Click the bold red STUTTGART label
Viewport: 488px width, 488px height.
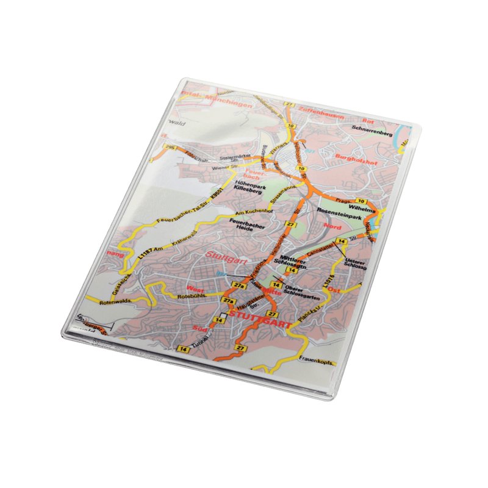tap(260, 318)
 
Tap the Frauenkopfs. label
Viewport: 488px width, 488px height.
tap(317, 362)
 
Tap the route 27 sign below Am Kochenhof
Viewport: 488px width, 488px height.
tap(290, 225)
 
